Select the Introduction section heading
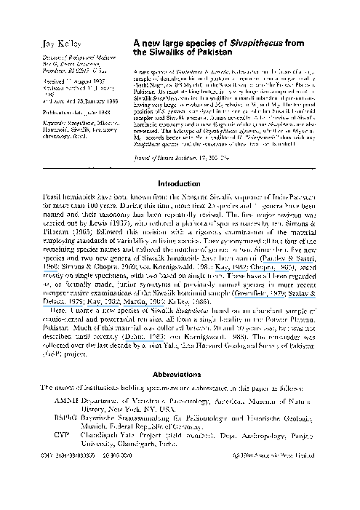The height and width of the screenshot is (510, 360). tap(179, 185)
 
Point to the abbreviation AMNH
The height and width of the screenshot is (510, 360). tap(66, 400)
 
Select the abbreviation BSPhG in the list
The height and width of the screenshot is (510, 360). tap(68, 421)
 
